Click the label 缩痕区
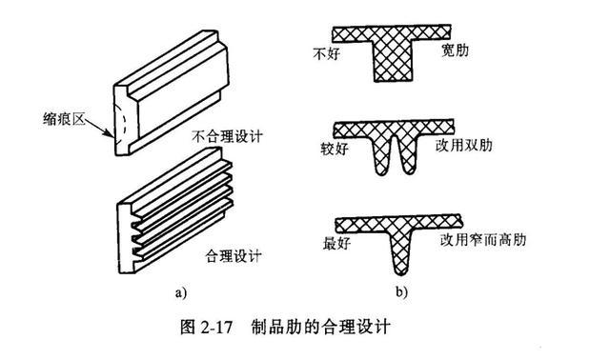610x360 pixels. pyautogui.click(x=64, y=119)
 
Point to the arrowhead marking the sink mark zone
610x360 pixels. pyautogui.click(x=110, y=133)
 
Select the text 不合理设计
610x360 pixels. pyautogui.click(x=227, y=136)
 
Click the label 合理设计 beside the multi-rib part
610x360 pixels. pyautogui.click(x=234, y=256)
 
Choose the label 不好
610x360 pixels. pyautogui.click(x=326, y=53)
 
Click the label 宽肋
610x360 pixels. pyautogui.click(x=455, y=50)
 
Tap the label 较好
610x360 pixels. pyautogui.click(x=335, y=149)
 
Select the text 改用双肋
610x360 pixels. pyautogui.click(x=464, y=146)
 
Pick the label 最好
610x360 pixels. pyautogui.click(x=336, y=244)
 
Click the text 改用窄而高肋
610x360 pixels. pyautogui.click(x=483, y=239)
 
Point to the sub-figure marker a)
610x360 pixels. pyautogui.click(x=181, y=291)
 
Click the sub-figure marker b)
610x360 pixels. pyautogui.click(x=402, y=291)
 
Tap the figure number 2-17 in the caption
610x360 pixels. pyautogui.click(x=216, y=328)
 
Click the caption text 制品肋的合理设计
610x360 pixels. pyautogui.click(x=320, y=327)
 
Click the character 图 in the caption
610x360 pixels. pyautogui.click(x=187, y=327)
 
